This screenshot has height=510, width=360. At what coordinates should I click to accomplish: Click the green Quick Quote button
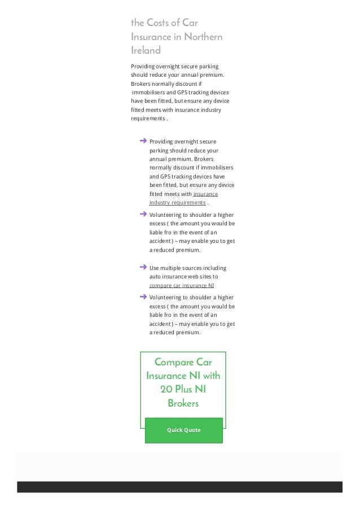click(x=183, y=430)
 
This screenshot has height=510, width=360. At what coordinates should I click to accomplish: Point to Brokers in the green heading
click(x=183, y=403)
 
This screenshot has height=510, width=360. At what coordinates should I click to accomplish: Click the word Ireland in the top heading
click(x=146, y=50)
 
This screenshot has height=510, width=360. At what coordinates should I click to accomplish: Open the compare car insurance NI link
click(x=182, y=285)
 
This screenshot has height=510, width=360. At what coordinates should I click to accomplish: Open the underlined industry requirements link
click(x=178, y=202)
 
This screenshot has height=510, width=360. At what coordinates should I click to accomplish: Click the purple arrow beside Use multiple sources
click(x=143, y=266)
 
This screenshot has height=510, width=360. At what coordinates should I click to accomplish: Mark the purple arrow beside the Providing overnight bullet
click(x=143, y=140)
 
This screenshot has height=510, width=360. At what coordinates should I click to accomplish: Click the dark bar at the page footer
click(x=179, y=487)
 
